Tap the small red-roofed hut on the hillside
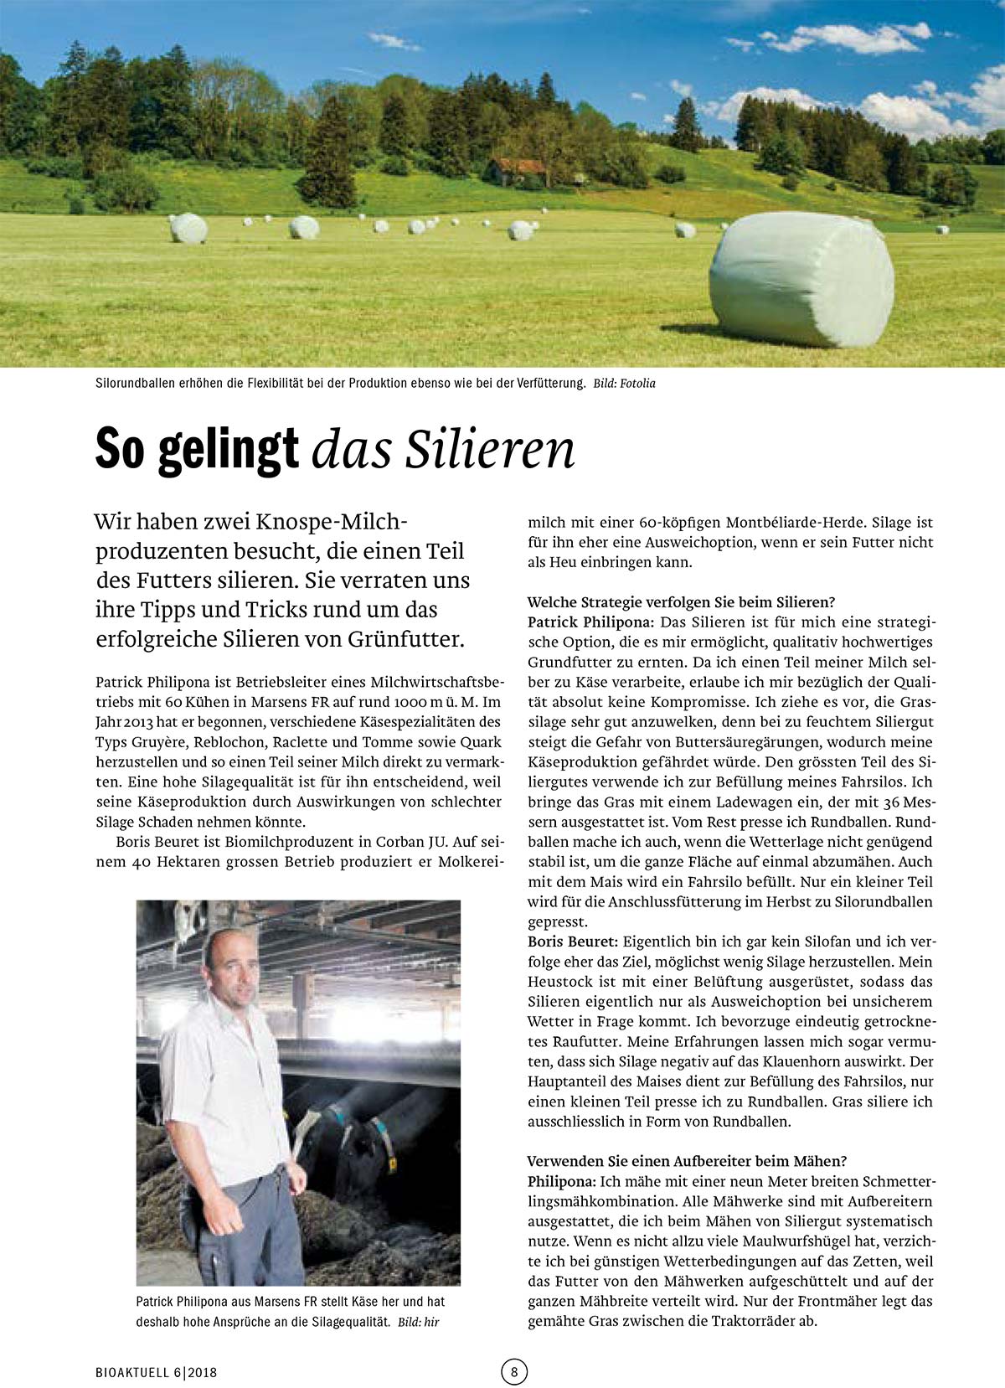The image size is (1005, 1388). [x=517, y=171]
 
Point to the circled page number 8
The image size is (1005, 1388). [x=514, y=1371]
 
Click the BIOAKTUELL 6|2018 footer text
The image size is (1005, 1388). [x=156, y=1372]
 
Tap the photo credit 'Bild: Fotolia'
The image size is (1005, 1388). [x=624, y=384]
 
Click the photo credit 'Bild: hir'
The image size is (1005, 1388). [x=418, y=1322]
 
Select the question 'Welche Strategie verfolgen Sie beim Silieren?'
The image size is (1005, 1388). [x=681, y=602]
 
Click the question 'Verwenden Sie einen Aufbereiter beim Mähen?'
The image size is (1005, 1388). [x=687, y=1161]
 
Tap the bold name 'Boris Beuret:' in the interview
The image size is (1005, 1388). [x=572, y=942]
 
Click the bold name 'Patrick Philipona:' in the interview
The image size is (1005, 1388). [x=590, y=622]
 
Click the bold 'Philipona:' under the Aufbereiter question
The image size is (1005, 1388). [x=561, y=1181]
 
